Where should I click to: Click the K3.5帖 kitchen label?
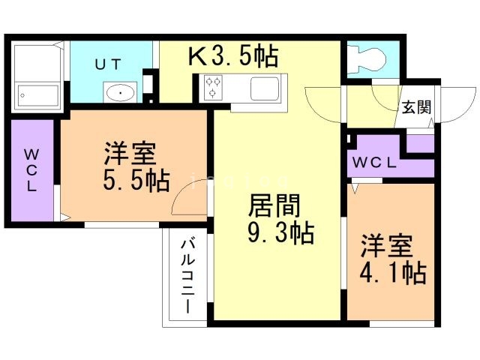(232, 55)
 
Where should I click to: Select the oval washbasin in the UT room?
(118, 93)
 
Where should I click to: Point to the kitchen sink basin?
(263, 88)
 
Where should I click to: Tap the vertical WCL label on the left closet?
(31, 171)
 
